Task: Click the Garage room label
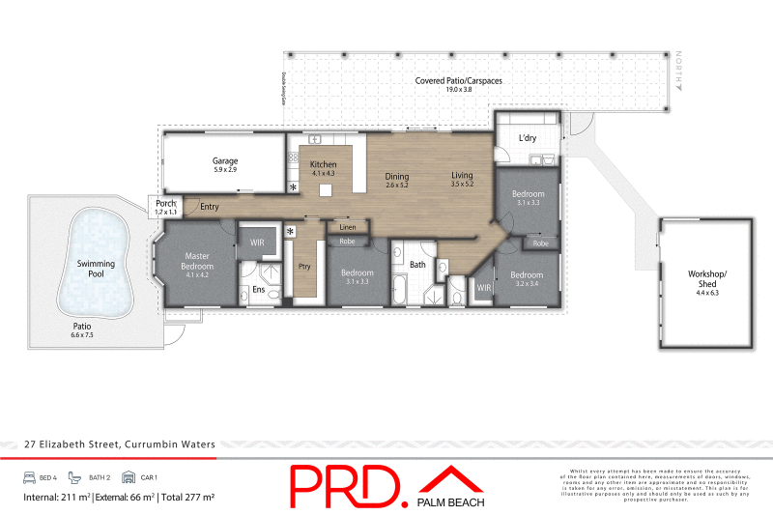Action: pos(224,160)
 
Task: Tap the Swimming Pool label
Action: pos(96,269)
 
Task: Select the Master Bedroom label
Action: pos(197,261)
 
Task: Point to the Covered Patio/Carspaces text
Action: pos(458,81)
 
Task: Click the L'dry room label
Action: pos(528,138)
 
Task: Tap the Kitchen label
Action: pos(323,165)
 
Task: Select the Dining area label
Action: pos(397,177)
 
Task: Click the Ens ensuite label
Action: pos(258,289)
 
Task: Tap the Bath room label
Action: pos(417,264)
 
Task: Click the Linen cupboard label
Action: pos(347,227)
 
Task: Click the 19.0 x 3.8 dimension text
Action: pos(458,91)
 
